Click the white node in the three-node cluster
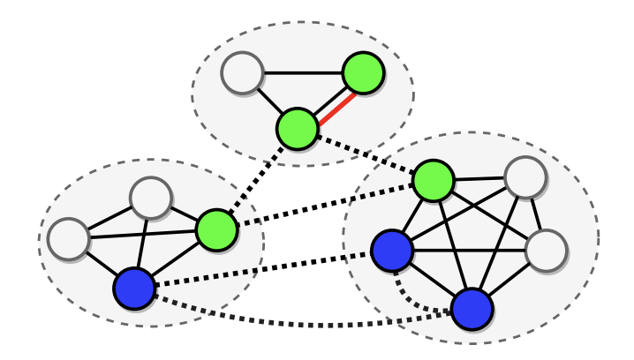click(242, 73)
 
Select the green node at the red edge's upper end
click(362, 72)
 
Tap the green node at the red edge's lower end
click(297, 129)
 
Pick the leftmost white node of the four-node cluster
click(68, 238)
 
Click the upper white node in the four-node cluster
click(150, 198)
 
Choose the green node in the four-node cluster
click(216, 229)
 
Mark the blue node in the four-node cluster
click(134, 289)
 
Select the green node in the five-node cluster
click(433, 180)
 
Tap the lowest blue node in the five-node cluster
click(472, 309)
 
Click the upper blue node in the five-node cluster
click(391, 251)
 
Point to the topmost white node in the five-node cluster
click(525, 176)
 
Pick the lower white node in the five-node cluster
click(545, 250)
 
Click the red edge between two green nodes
click(330, 101)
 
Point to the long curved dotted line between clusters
click(300, 324)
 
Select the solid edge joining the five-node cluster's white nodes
click(535, 214)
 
